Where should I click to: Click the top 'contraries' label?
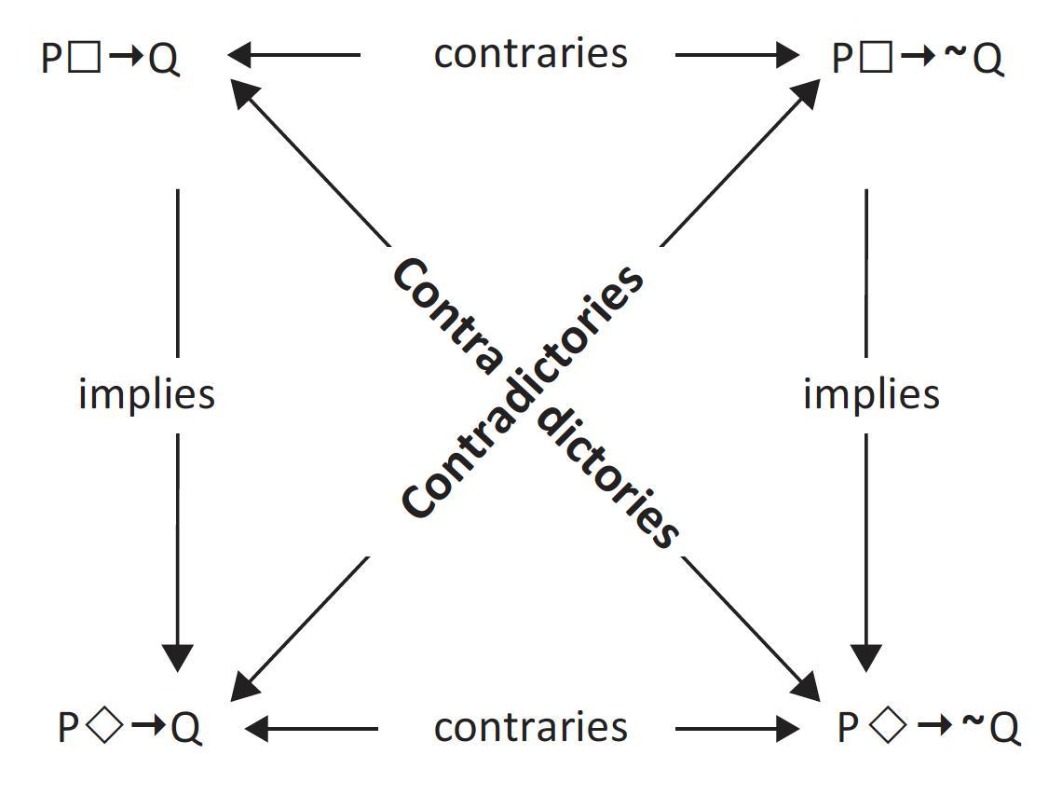pos(530,54)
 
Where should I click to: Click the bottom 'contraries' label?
pos(530,727)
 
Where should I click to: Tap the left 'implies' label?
pos(146,394)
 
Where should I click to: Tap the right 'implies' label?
pos(871,394)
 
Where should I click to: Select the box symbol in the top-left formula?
pos(85,59)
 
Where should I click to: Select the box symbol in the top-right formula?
pos(875,59)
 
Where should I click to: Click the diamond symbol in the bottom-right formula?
pos(892,727)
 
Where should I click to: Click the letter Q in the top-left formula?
pos(163,61)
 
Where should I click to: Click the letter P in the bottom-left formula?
pos(68,728)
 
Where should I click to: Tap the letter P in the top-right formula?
pos(842,60)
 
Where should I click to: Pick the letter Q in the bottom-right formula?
pos(1004,729)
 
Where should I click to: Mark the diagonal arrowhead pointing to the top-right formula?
pos(806,93)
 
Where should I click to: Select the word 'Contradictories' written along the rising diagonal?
pos(522,391)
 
